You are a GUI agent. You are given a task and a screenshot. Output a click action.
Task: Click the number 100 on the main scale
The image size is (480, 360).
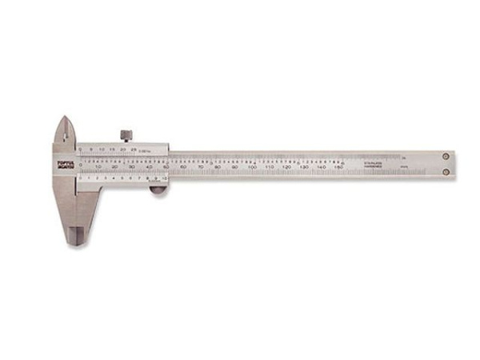[x=252, y=168]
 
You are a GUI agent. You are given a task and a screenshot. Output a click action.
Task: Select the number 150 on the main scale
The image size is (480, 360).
[x=338, y=168]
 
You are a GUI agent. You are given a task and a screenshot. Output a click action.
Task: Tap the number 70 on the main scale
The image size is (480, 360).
[x=200, y=168]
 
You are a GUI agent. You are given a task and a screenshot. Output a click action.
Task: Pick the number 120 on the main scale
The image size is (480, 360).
[x=286, y=168]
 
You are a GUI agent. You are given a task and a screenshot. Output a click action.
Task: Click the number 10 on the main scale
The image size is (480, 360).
[x=98, y=168]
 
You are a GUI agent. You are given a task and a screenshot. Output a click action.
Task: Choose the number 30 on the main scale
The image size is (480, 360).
[x=132, y=168]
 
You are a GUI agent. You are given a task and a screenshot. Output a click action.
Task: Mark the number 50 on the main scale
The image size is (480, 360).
[x=166, y=168]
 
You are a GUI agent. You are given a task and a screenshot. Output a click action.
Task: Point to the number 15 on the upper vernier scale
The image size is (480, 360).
[x=112, y=149]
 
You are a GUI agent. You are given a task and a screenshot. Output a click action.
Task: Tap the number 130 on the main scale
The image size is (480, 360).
[x=304, y=168]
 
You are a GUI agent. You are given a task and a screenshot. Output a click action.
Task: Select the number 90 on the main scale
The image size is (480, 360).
[x=234, y=168]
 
